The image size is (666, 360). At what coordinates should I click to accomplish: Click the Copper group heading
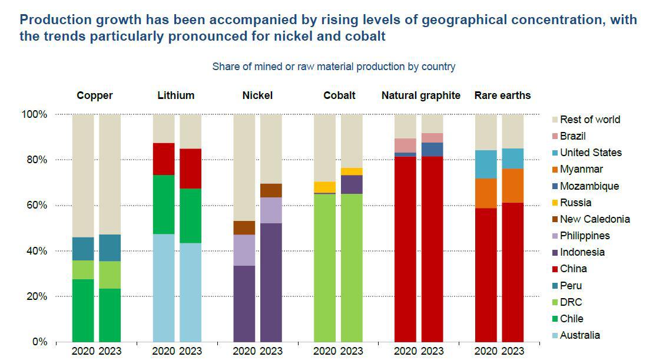(x=94, y=95)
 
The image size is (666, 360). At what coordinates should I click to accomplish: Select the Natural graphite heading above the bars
(x=420, y=95)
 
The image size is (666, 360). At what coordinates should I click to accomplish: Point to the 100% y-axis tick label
(x=33, y=114)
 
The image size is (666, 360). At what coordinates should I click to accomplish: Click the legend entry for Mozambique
(x=589, y=186)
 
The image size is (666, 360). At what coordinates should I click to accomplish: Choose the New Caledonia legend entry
(x=595, y=219)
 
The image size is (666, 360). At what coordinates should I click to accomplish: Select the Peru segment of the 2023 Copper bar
(x=110, y=248)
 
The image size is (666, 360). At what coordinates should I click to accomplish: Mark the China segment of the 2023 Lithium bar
(x=190, y=169)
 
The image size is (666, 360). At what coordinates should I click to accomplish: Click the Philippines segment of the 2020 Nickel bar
(x=244, y=250)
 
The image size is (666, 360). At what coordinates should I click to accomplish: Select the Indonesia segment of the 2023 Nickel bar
(x=271, y=282)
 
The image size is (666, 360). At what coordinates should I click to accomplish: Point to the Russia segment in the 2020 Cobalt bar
(x=324, y=187)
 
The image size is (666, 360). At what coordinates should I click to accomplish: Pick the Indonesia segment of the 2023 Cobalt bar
(x=352, y=184)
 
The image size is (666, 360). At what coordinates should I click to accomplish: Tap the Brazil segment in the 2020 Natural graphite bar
(x=405, y=146)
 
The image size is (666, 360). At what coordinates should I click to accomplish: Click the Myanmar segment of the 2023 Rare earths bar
(x=512, y=186)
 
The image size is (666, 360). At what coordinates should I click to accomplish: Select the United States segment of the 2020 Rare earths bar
(x=486, y=164)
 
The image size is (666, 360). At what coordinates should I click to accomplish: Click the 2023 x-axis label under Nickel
(x=271, y=352)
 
